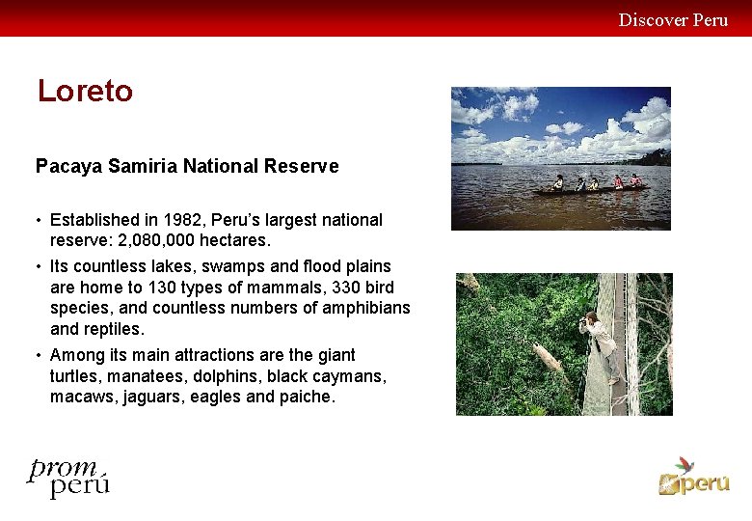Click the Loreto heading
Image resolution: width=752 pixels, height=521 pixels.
pos(85,92)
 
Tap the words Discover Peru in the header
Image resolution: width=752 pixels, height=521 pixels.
pos(673,19)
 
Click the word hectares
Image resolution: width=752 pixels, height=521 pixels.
pos(235,240)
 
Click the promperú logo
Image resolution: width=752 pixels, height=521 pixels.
pos(67,477)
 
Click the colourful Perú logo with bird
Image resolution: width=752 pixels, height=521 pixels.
pos(693,476)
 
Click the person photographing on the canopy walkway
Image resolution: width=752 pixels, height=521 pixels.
pos(602,343)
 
